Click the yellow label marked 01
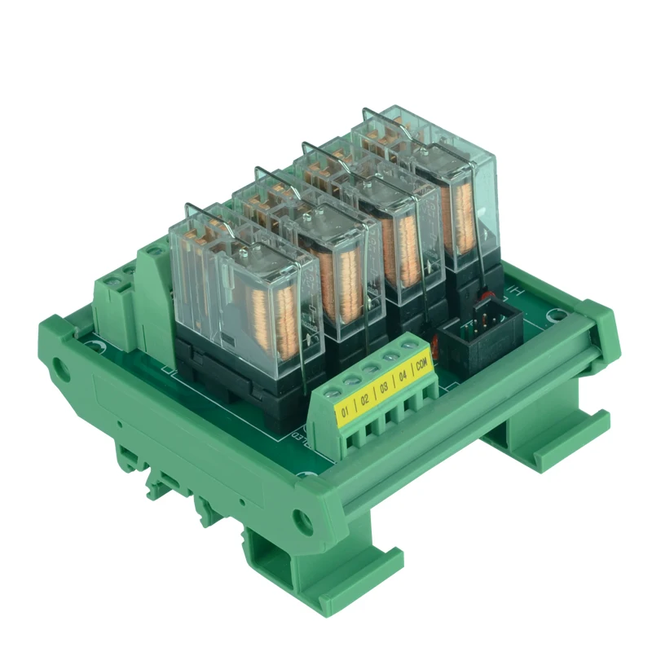(346, 412)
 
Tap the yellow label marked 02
(365, 399)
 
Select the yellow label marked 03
(384, 387)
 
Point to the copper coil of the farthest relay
(463, 208)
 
